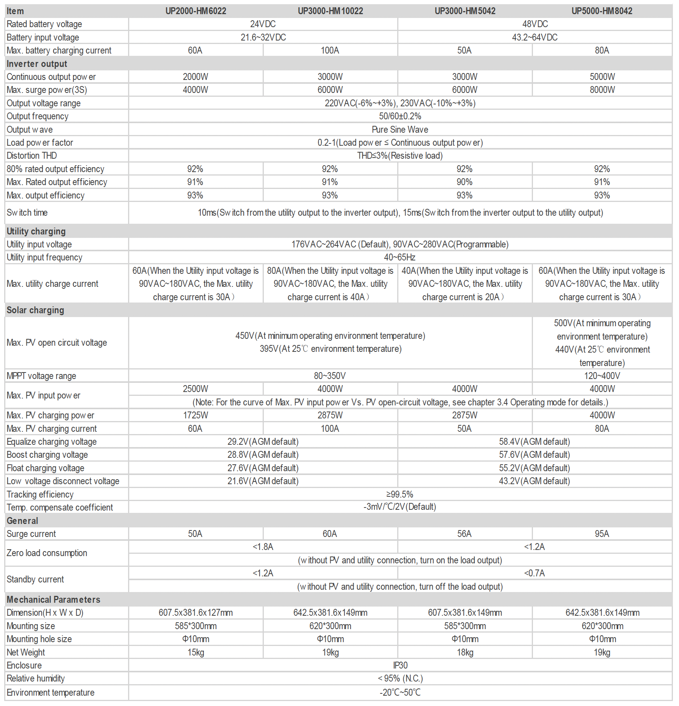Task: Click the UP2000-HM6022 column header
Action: click(x=195, y=11)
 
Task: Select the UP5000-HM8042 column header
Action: click(x=602, y=11)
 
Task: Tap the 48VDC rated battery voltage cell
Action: click(x=535, y=24)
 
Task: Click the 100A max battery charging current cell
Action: click(x=330, y=50)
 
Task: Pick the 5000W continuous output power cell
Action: click(x=602, y=77)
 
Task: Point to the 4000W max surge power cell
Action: click(x=195, y=90)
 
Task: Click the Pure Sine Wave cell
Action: click(x=400, y=130)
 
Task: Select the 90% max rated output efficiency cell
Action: click(x=465, y=182)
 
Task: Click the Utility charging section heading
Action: click(x=36, y=231)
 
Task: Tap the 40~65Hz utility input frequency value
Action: click(x=400, y=257)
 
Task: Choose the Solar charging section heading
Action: click(x=35, y=310)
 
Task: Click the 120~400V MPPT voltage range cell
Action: click(x=602, y=376)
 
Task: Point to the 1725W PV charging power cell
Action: click(x=195, y=415)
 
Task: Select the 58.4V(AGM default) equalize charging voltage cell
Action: click(x=534, y=442)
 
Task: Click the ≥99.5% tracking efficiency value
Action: click(x=400, y=495)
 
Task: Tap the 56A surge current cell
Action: click(x=465, y=534)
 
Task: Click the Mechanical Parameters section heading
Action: click(x=54, y=600)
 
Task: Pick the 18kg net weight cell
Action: click(x=465, y=652)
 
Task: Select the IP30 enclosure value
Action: click(x=400, y=665)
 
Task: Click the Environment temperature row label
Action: click(x=50, y=693)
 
